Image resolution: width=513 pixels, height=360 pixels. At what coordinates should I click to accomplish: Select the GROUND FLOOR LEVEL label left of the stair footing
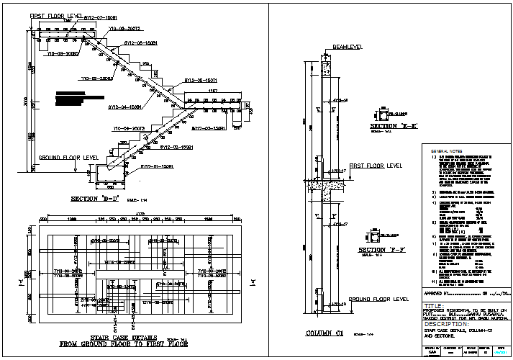tap(68, 156)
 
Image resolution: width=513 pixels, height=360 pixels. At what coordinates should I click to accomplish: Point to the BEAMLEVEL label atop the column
tap(347, 48)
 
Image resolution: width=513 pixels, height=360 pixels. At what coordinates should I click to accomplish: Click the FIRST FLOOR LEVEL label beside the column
tap(376, 166)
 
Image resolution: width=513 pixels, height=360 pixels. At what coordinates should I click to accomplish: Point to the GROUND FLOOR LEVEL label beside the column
tap(378, 298)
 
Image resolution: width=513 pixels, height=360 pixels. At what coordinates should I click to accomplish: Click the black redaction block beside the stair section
tap(71, 99)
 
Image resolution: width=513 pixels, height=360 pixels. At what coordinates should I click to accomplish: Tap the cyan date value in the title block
tap(501, 354)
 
